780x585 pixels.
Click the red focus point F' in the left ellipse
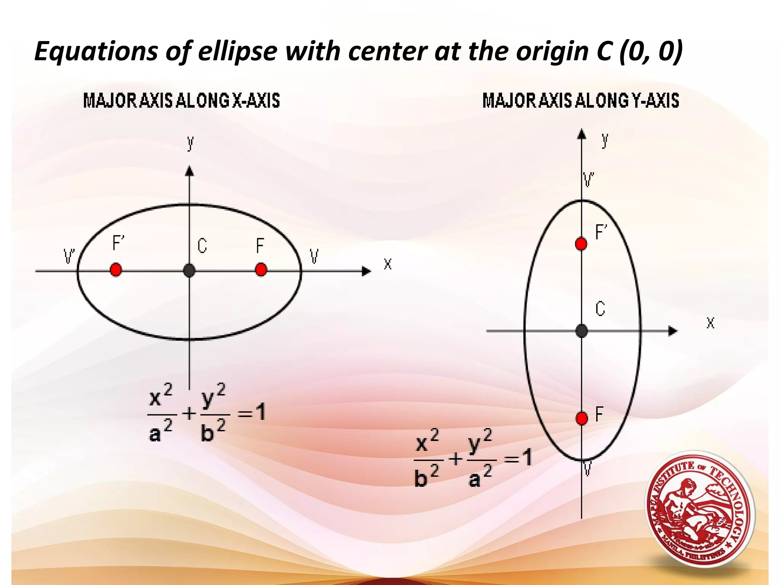point(116,270)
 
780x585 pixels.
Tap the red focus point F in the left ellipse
point(261,270)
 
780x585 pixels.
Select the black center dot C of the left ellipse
point(189,271)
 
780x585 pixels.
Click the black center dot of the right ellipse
point(582,331)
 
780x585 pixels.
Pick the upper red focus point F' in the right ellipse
point(581,244)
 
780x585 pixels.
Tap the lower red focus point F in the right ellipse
point(582,418)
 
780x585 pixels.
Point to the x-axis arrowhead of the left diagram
point(366,271)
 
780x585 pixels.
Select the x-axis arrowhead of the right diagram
point(673,331)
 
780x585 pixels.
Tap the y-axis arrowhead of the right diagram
point(582,134)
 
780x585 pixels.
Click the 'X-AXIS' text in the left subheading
point(256,101)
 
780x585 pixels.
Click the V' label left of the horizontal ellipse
point(69,257)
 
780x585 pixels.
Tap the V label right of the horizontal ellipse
point(314,256)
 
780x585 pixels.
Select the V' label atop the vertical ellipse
point(588,179)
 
